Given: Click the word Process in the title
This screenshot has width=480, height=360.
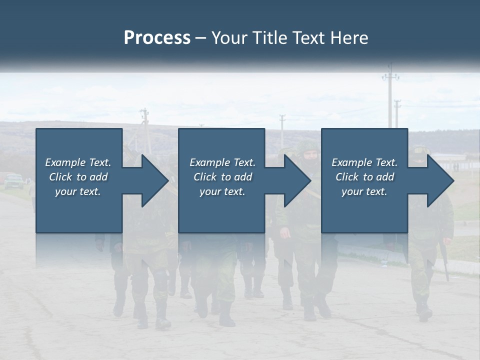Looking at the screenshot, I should (x=157, y=38).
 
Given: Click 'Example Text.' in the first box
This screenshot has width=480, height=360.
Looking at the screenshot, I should (x=78, y=162).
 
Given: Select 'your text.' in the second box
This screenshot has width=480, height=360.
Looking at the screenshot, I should (x=222, y=191).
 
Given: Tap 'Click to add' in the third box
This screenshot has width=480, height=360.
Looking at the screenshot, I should (x=364, y=177).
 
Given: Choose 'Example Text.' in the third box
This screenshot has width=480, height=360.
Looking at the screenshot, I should (x=364, y=162).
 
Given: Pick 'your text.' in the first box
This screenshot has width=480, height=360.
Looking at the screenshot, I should (x=78, y=191).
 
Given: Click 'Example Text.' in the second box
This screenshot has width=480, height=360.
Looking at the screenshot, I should (x=222, y=162).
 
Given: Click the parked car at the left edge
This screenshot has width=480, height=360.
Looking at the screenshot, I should (x=13, y=180).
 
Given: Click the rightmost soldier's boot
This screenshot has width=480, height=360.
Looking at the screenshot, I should (x=424, y=312).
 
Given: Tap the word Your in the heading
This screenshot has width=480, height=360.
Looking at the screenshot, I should (x=230, y=38).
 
